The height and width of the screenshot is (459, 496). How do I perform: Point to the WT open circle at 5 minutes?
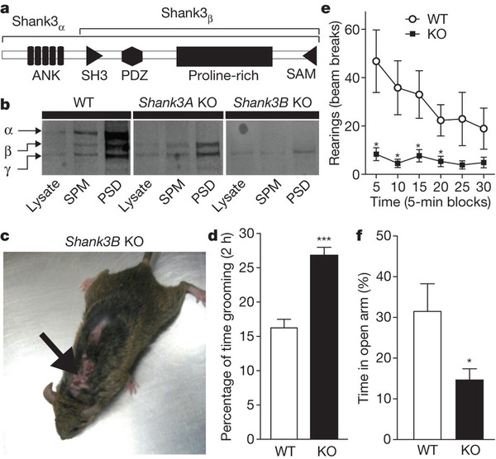tap(376, 61)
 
